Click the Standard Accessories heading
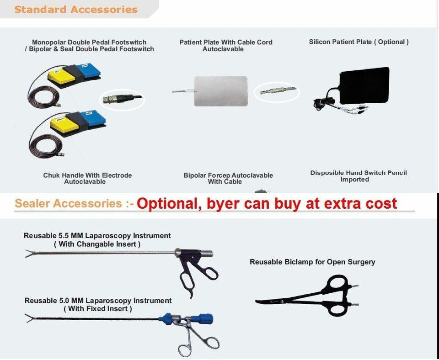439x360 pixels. point(76,9)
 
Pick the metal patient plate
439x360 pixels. point(221,91)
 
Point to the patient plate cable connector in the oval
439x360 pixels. point(278,91)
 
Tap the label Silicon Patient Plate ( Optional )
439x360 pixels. point(359,42)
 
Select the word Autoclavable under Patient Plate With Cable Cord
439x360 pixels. point(223,49)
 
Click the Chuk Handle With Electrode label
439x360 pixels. point(87,175)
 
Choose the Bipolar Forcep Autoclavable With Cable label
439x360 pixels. point(228,179)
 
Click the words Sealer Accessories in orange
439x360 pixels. point(68,203)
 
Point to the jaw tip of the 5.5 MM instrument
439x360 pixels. point(26,254)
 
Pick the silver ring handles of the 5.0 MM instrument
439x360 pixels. point(196,342)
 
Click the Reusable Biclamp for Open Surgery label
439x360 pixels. point(312,262)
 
